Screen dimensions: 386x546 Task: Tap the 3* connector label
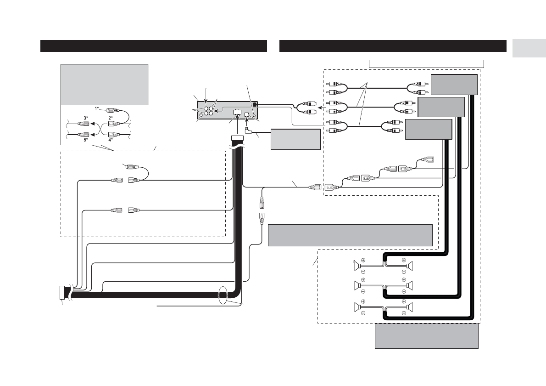86,118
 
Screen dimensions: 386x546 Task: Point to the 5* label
86,140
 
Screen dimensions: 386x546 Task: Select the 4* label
111,140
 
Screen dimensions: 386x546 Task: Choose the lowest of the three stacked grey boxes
429,129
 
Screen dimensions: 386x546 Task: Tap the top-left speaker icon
357,266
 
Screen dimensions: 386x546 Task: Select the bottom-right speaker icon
411,307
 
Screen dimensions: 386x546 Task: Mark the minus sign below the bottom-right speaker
404,313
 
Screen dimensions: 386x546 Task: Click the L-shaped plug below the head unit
249,131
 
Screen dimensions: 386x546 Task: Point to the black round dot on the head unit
255,105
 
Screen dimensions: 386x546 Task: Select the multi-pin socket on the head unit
237,112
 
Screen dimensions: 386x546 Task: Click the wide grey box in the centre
350,235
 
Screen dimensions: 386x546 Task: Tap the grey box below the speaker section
427,337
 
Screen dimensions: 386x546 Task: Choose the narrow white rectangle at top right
427,63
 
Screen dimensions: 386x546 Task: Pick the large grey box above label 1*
104,85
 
